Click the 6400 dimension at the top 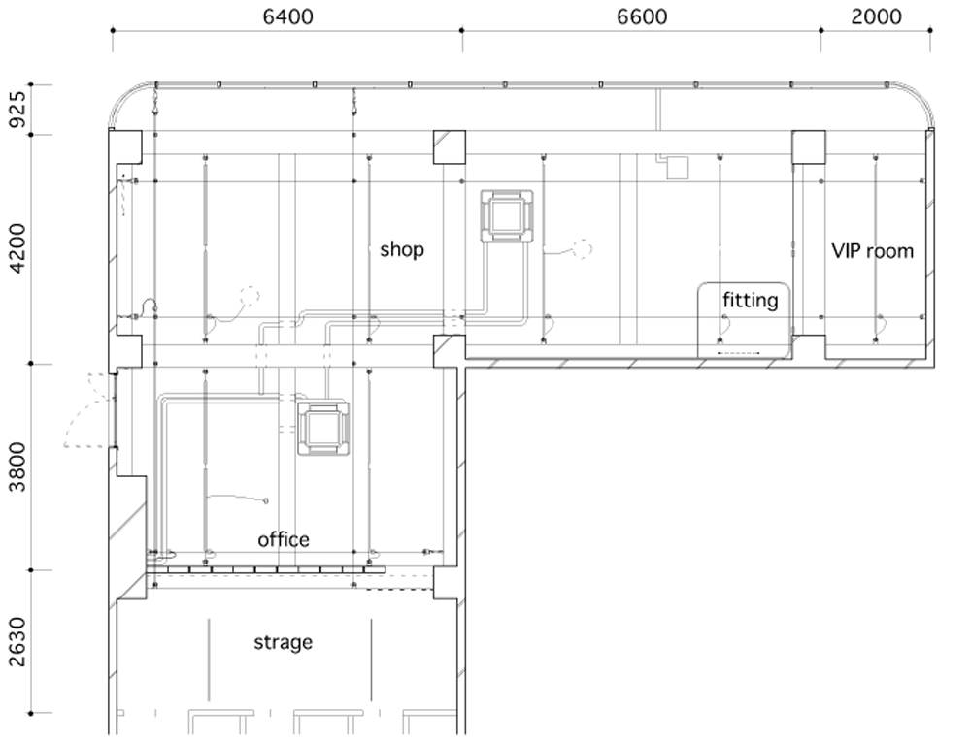tap(288, 16)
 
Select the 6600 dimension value tap(642, 16)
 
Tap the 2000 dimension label tap(876, 16)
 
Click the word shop tap(402, 250)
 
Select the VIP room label tap(872, 251)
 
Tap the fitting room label tap(750, 301)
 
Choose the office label tap(283, 540)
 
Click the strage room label tap(283, 643)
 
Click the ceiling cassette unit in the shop tap(507, 216)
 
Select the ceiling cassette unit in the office tap(322, 429)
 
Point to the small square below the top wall tap(677, 168)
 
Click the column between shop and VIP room tap(809, 147)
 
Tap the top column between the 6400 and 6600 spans tap(449, 147)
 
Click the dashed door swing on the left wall tap(89, 410)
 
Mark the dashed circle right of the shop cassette tap(582, 248)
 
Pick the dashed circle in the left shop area tap(249, 296)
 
